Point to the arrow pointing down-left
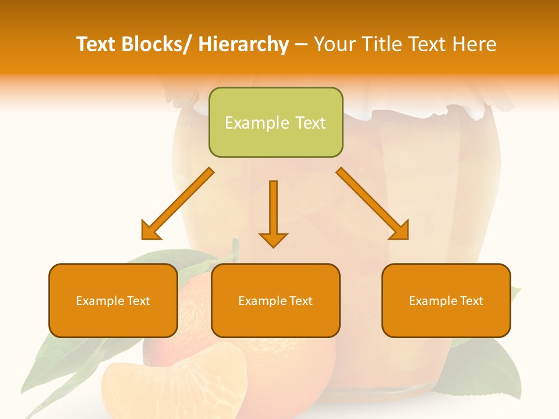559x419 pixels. pyautogui.click(x=177, y=204)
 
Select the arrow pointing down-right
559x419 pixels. pyautogui.click(x=373, y=204)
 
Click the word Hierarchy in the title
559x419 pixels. pyautogui.click(x=243, y=44)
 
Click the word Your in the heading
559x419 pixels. pyautogui.click(x=334, y=44)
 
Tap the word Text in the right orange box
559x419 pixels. pyautogui.click(x=471, y=301)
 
